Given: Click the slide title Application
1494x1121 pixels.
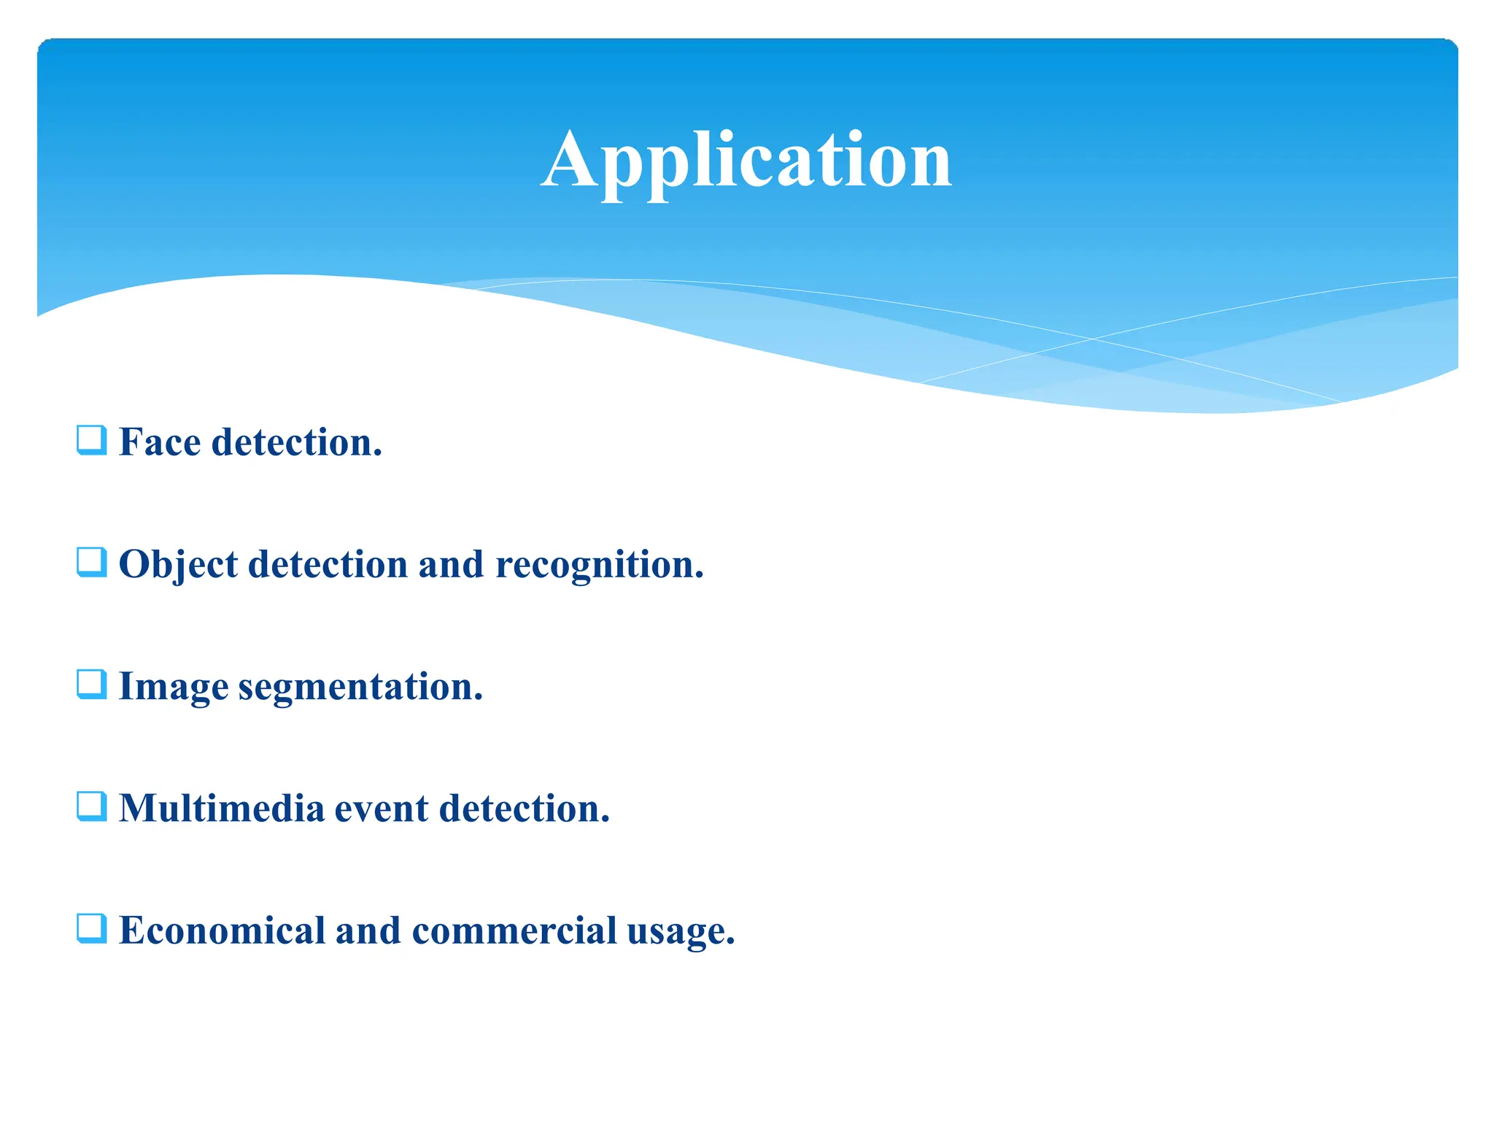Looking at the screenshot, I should [x=746, y=161].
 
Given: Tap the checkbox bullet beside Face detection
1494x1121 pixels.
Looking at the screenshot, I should [x=92, y=440].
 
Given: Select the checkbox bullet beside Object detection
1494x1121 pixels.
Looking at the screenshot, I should [x=92, y=562].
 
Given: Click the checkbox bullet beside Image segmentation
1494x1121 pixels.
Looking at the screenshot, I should [x=92, y=685].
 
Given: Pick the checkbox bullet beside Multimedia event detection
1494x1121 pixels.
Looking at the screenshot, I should [x=92, y=806].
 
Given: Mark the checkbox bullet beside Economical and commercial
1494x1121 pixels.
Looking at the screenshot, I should [x=92, y=928].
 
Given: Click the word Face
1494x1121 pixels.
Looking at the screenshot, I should [x=159, y=442].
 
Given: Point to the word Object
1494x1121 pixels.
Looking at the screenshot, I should [x=178, y=565].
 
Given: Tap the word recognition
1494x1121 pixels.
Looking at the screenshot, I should [x=599, y=565].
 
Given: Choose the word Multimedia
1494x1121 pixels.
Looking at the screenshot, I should [x=221, y=809].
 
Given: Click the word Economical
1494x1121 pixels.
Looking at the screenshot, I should [x=222, y=931].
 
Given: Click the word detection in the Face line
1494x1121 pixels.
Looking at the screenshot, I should [x=296, y=442].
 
